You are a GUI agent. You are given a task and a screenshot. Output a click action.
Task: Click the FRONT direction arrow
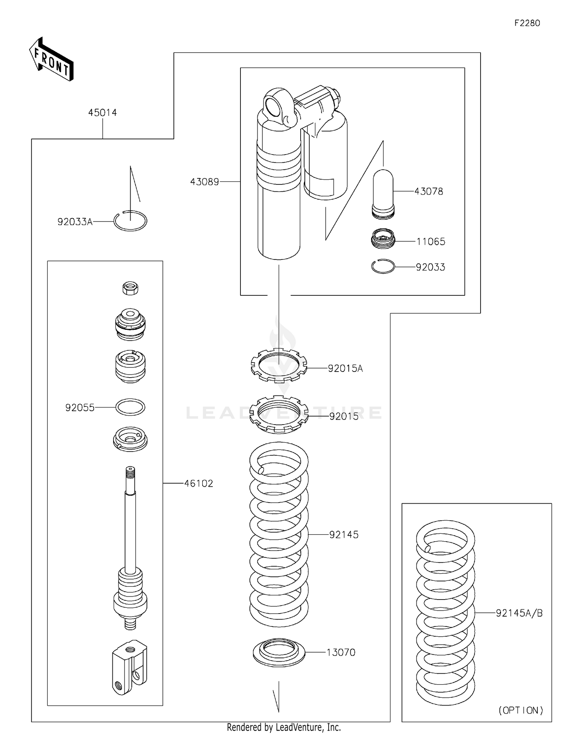coord(51,60)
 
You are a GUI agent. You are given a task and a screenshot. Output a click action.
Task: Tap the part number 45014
coord(102,112)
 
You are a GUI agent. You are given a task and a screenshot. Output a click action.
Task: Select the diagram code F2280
coord(527,23)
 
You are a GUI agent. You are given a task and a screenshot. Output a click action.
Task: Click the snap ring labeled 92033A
coord(130,221)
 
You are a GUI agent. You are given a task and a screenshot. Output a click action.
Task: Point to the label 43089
coord(204,182)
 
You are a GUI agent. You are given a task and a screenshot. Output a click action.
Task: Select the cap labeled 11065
coord(383,239)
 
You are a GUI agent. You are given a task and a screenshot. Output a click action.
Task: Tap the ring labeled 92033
coord(383,267)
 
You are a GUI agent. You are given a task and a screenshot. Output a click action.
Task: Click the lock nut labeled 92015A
coord(279,365)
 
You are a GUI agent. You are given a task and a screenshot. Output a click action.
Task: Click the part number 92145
coord(343,534)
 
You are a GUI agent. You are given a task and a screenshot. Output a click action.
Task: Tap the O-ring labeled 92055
coord(130,407)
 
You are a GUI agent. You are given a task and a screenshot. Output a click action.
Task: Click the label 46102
coord(198,483)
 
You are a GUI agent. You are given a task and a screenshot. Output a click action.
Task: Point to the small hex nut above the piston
coord(130,288)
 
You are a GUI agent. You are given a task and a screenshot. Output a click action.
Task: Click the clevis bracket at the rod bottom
coord(129,667)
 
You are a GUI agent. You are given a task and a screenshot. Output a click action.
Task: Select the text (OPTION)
coord(521,710)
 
